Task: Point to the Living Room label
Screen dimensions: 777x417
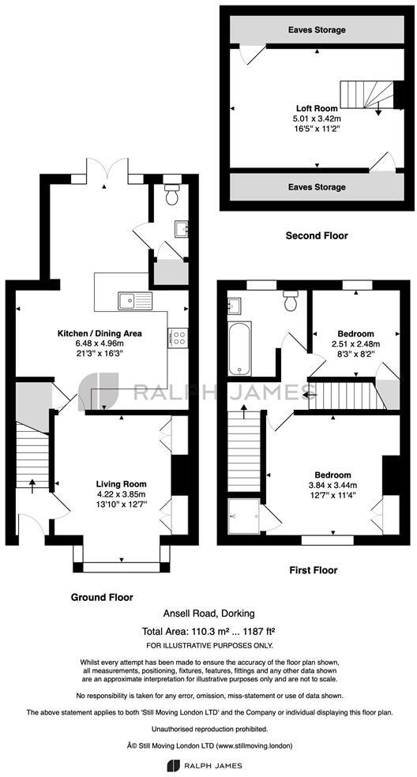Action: click(121, 484)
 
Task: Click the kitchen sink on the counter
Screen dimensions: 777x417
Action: click(134, 299)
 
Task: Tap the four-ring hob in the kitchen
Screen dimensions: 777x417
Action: click(178, 338)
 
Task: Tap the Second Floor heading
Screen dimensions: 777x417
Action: click(316, 235)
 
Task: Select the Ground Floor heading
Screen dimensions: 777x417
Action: click(102, 597)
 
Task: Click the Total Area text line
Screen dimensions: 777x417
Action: click(208, 631)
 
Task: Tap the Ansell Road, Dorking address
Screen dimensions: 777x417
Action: click(208, 614)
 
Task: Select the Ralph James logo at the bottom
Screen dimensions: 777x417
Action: click(208, 765)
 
